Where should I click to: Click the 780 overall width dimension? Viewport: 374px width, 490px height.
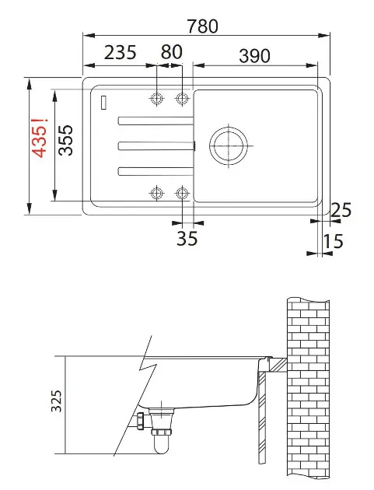[202, 26]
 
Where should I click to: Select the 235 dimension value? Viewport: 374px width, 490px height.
[121, 53]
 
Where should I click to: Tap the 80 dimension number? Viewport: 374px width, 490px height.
[172, 52]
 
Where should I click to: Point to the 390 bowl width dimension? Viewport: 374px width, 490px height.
[254, 56]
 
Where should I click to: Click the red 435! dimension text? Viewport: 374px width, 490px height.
[40, 137]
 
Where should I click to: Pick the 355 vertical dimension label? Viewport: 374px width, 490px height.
[65, 140]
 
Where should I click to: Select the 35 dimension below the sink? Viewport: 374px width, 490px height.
[187, 239]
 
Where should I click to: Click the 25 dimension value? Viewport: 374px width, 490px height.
[341, 210]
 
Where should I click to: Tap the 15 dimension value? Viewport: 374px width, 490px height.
[333, 242]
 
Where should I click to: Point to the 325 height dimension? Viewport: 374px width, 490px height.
[57, 401]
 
